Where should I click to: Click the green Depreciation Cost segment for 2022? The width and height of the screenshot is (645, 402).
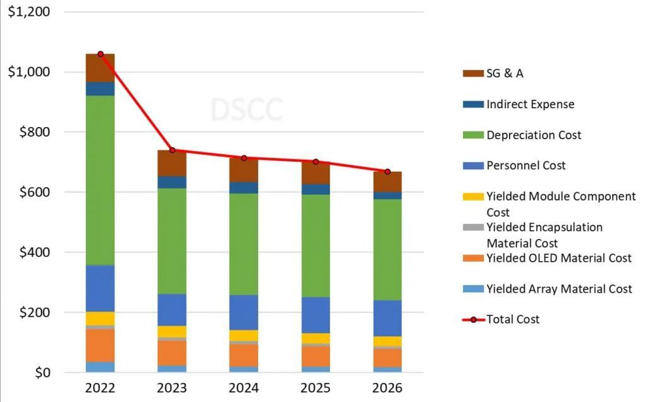pyautogui.click(x=100, y=180)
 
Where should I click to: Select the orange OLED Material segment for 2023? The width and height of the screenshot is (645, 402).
pyautogui.click(x=172, y=352)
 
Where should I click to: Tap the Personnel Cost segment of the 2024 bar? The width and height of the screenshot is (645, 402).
pyautogui.click(x=244, y=312)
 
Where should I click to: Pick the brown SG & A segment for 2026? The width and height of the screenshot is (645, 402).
pyautogui.click(x=387, y=182)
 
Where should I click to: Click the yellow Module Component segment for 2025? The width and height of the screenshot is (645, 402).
pyautogui.click(x=316, y=338)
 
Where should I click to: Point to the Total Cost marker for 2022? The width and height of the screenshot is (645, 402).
pyautogui.click(x=100, y=54)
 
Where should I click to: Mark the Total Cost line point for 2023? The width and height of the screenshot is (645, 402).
pyautogui.click(x=172, y=150)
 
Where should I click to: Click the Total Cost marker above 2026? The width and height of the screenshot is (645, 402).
pyautogui.click(x=387, y=172)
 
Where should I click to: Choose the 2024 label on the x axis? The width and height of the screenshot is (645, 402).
pyautogui.click(x=244, y=388)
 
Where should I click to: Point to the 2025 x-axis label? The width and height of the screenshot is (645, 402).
pyautogui.click(x=316, y=388)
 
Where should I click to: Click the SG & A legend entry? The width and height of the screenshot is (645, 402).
pyautogui.click(x=505, y=74)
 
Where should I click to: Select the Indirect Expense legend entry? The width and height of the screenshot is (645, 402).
pyautogui.click(x=530, y=104)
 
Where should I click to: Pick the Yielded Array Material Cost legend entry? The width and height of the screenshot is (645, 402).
pyautogui.click(x=559, y=289)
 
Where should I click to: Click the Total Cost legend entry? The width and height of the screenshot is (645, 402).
pyautogui.click(x=513, y=320)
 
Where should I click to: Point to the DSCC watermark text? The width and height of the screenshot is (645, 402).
pyautogui.click(x=246, y=110)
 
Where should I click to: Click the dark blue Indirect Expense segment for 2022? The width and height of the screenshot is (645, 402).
pyautogui.click(x=100, y=89)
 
